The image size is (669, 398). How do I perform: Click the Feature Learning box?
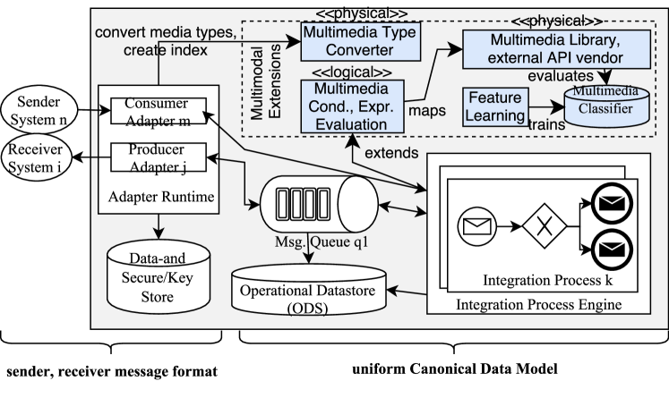tap(493, 106)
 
